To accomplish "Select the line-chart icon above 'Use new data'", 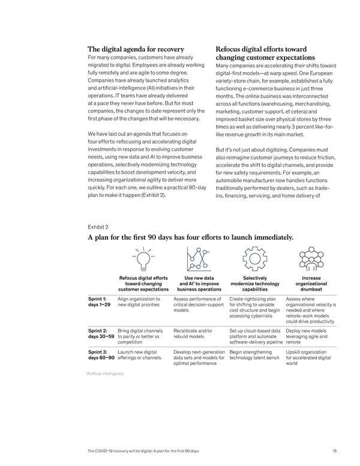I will point(198,259).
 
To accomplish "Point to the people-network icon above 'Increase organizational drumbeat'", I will point(311,259).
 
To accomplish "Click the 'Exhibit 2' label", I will point(98,227).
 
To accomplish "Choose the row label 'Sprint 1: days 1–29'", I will point(99,301).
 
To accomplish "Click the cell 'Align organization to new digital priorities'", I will point(140,301).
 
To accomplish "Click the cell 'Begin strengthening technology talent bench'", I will point(255,355).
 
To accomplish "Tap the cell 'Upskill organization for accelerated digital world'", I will point(308,359).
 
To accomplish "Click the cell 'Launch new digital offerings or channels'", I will point(139,355).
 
